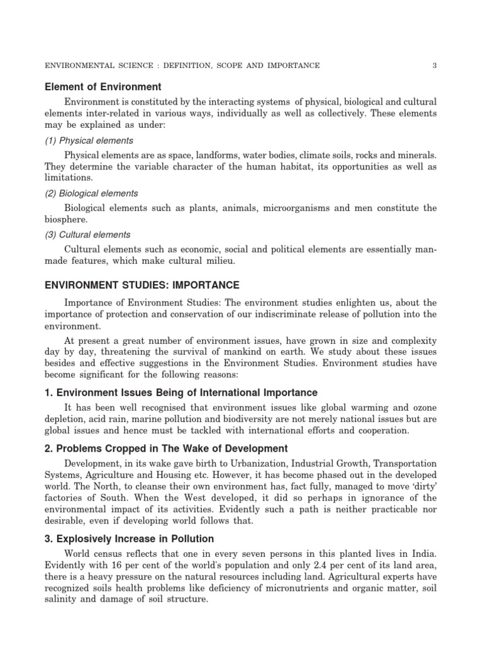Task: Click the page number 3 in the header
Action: click(x=435, y=66)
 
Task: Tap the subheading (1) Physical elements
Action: click(x=89, y=140)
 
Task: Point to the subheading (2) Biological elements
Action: click(x=91, y=193)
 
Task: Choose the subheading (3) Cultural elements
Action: click(x=87, y=234)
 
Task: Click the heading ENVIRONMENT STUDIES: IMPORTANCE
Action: click(x=142, y=285)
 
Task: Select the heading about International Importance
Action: click(x=181, y=393)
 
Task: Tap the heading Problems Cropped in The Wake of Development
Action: click(x=166, y=448)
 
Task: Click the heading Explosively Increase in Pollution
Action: click(x=129, y=539)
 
